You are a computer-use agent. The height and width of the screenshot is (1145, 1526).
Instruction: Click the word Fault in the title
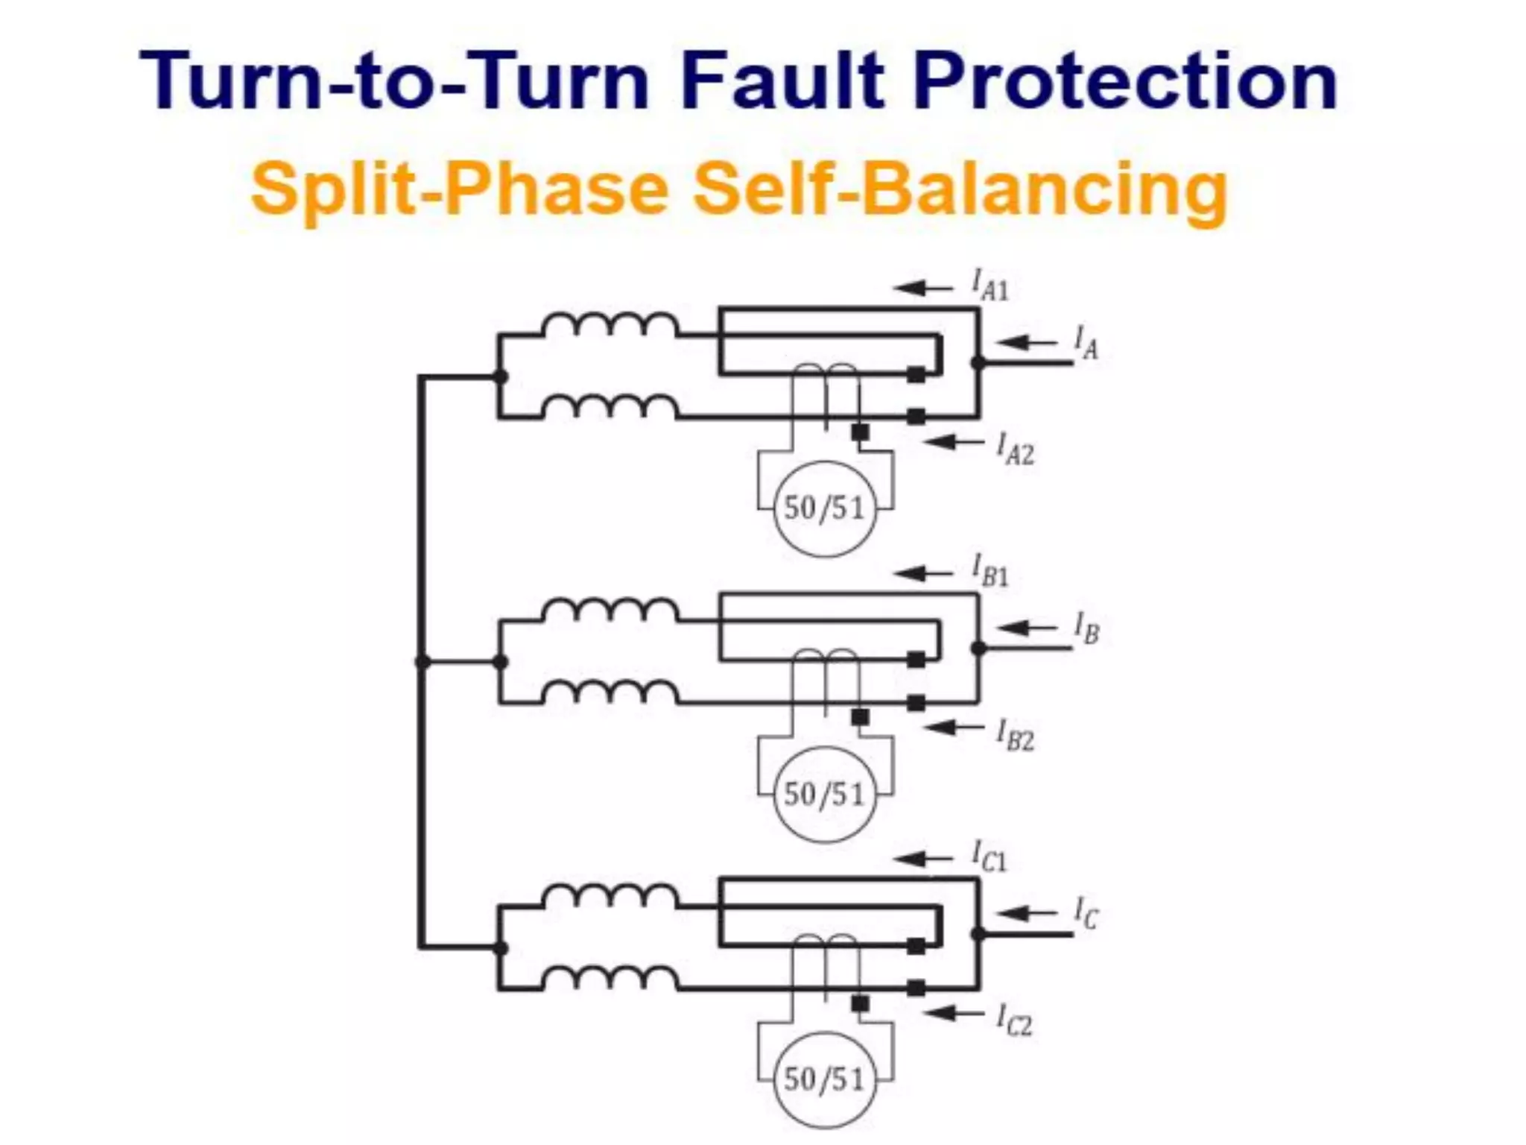click(x=782, y=81)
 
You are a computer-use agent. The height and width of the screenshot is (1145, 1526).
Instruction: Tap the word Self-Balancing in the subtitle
click(x=960, y=188)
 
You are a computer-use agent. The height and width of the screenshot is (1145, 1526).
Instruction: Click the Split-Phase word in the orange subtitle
click(x=459, y=189)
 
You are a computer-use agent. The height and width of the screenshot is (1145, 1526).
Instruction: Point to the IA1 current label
click(x=990, y=286)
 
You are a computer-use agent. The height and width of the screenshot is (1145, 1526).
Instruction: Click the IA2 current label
click(x=1015, y=450)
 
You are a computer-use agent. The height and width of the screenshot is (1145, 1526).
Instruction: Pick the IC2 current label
click(x=1014, y=1021)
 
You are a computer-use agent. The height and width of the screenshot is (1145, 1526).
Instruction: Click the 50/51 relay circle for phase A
click(x=824, y=508)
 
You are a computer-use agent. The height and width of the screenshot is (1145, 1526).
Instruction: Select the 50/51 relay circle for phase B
click(x=824, y=795)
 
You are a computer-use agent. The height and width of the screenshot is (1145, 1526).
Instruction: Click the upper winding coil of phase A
click(x=610, y=326)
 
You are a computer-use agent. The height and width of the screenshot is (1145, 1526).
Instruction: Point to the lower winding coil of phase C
click(x=610, y=977)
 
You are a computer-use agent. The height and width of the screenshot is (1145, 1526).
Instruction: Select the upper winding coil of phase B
click(x=610, y=611)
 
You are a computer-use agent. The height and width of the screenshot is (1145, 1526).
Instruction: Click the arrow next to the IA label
click(x=1026, y=343)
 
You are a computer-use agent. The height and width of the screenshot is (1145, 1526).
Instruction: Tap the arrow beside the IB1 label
click(x=923, y=573)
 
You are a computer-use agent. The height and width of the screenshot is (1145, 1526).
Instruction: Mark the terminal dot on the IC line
click(x=978, y=934)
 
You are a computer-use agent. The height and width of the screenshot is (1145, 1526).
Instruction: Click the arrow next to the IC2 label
click(x=953, y=1013)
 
